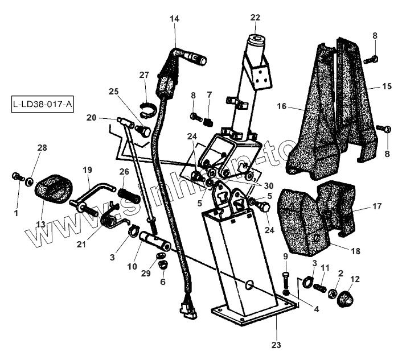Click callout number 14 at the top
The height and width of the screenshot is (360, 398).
click(174, 19)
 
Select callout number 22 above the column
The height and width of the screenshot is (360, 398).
click(255, 17)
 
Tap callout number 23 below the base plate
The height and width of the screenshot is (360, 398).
click(276, 345)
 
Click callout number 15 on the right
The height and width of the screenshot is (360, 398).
click(387, 86)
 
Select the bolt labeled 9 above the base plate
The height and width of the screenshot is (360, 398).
click(286, 280)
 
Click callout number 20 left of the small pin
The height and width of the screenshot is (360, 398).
click(92, 118)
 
